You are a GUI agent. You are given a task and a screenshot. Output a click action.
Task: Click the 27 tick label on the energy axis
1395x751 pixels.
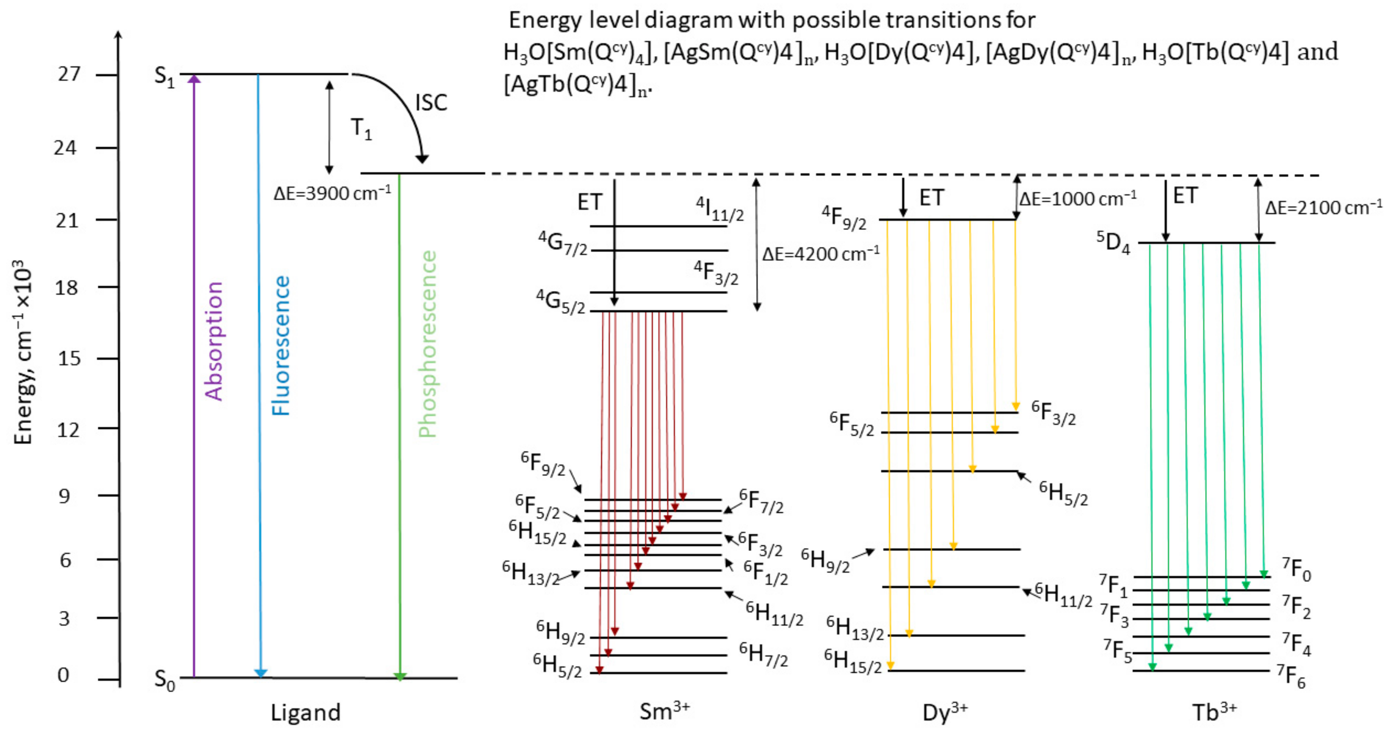(x=69, y=74)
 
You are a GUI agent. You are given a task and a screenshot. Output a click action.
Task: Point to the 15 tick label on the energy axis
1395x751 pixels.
(x=69, y=358)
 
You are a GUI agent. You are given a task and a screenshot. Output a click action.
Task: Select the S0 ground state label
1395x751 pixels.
(x=165, y=680)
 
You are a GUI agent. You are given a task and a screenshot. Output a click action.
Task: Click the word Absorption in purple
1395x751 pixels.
(x=214, y=341)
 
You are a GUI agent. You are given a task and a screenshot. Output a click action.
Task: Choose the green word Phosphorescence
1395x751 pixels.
(x=428, y=344)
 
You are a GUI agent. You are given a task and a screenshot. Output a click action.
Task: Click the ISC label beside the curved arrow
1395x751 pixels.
(x=431, y=103)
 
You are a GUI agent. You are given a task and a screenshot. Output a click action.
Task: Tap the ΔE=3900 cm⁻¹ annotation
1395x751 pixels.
(x=332, y=193)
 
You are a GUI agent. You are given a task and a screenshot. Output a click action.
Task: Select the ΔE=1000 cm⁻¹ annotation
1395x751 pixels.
(x=1078, y=199)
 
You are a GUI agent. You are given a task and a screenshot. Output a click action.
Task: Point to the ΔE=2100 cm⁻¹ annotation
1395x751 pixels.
(x=1323, y=207)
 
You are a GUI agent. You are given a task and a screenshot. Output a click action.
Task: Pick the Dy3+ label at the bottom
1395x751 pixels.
(x=944, y=712)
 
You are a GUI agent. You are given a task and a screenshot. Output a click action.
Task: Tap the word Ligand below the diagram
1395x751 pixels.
(x=305, y=712)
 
